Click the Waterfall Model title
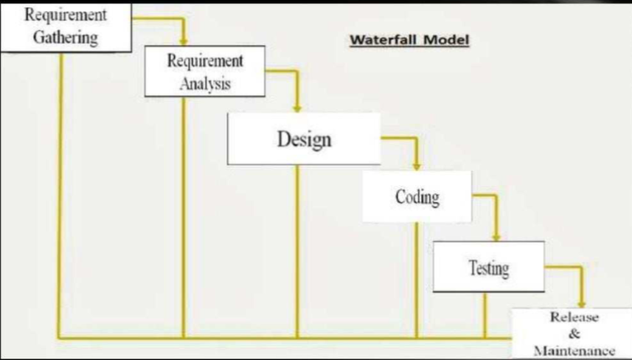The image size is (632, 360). coord(409,39)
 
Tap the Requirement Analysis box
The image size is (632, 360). coord(205,72)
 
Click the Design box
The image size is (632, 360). coord(304,139)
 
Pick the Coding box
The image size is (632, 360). coord(417,197)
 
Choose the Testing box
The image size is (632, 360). coord(488,266)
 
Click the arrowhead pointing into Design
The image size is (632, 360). coord(297,107)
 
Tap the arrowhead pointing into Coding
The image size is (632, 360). coord(416,165)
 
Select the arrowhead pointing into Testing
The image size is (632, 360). coord(495,236)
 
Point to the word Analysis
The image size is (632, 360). coord(205,83)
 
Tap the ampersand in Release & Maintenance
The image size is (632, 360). coord(575,333)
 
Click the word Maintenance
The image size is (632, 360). coord(574,350)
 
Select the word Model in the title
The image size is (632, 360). coord(445,39)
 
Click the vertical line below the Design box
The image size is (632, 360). coord(297,251)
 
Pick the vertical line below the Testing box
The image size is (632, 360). coord(485,315)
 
